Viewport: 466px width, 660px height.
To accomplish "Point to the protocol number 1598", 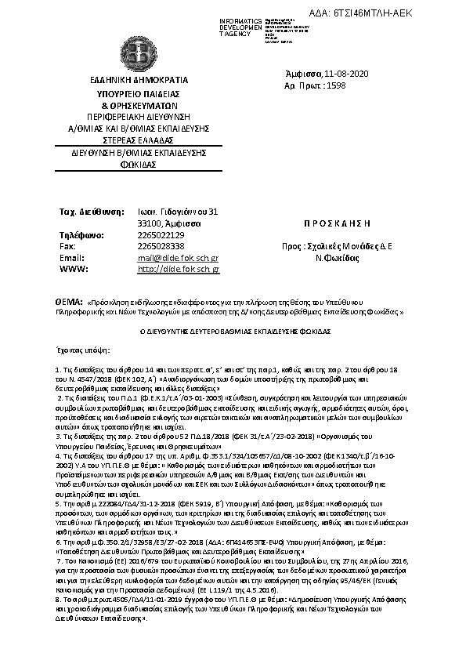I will pos(356,85).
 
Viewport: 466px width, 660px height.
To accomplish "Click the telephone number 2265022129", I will pos(161,234).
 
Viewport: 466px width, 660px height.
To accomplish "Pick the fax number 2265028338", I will pos(161,245).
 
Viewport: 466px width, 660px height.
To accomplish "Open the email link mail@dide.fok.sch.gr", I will pos(178,257).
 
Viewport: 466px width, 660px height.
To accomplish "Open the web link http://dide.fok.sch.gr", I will pos(179,269).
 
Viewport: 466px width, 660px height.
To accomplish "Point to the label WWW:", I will pos(72,269).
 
